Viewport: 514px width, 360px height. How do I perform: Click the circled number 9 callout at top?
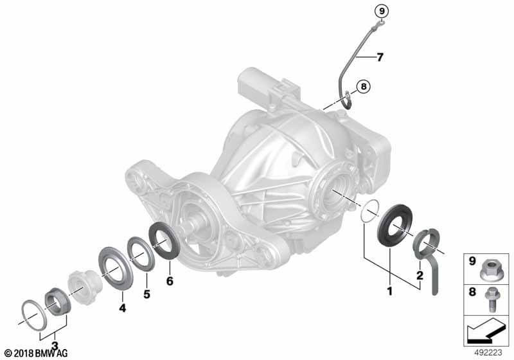[381, 12]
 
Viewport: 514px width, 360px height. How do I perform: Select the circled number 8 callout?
[363, 87]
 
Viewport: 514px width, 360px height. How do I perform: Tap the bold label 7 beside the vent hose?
[380, 57]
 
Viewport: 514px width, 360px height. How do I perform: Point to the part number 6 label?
[170, 281]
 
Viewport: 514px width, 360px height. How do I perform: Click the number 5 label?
[146, 294]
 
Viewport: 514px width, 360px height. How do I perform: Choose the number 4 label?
[122, 307]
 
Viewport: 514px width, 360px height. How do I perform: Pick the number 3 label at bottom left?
[55, 346]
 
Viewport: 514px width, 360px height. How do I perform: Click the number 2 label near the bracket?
[420, 275]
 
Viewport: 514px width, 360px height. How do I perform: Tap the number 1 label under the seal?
[390, 291]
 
